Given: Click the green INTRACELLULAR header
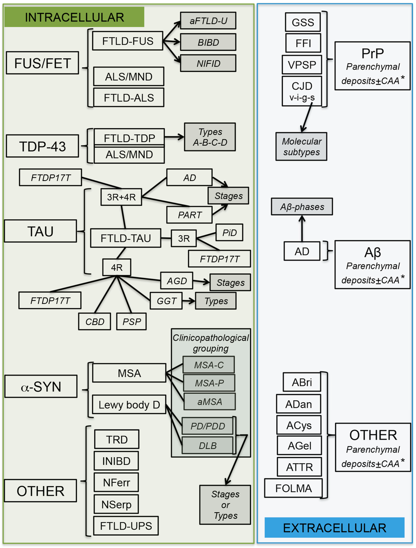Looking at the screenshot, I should tap(74, 17).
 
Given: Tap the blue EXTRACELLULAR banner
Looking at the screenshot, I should tap(334, 527).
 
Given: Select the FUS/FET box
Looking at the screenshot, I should tap(42, 63).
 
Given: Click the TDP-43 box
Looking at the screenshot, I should tap(42, 146).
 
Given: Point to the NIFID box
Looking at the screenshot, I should tap(208, 63).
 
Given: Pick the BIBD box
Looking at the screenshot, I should tap(208, 42).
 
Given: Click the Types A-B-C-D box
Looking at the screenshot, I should tap(210, 137).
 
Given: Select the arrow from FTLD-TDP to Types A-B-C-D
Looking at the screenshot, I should tap(174, 137).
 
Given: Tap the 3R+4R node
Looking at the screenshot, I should tap(121, 197).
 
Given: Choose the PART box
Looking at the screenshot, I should tap(189, 215).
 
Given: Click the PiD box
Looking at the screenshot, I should tap(229, 233).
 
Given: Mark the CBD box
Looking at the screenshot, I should tap(95, 321).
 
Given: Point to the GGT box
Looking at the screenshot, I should tap(166, 301).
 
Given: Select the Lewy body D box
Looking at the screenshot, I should tap(129, 405).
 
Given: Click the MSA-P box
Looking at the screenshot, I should tap(209, 383).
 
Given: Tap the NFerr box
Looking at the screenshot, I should tap(116, 483).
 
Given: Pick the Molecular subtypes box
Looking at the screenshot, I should tap(301, 147).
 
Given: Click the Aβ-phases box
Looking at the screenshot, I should tap(301, 207).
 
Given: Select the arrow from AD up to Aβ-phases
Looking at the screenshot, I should tap(302, 228).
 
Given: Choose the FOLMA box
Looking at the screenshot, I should tap(293, 488).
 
